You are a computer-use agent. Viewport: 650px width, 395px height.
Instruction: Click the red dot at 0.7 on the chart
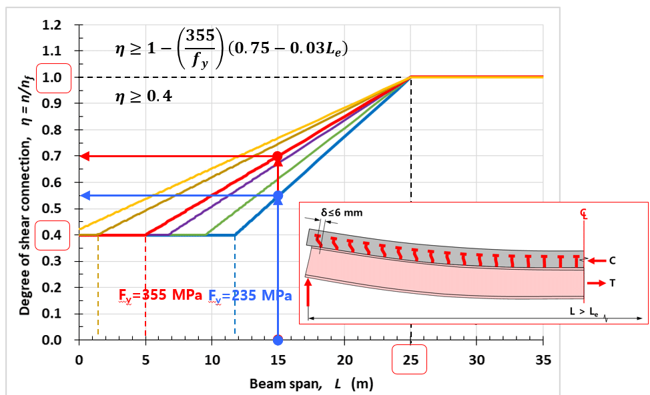pos(278,157)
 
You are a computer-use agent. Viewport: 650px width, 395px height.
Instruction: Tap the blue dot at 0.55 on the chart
pos(278,196)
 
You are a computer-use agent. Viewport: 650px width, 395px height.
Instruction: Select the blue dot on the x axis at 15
pos(278,340)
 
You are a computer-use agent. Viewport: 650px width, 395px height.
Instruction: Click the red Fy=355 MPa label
pos(160,296)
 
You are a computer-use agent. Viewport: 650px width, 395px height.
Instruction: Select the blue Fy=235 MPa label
pos(250,296)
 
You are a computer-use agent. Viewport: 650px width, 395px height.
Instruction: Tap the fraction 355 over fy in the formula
pos(199,48)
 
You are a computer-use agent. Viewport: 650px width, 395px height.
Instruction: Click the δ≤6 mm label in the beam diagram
pos(344,213)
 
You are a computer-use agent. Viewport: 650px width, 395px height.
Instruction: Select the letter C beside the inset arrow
pos(613,260)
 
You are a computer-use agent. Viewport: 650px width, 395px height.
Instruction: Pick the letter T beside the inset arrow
pos(613,283)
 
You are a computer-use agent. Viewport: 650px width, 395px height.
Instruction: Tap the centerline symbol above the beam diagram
pos(585,213)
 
